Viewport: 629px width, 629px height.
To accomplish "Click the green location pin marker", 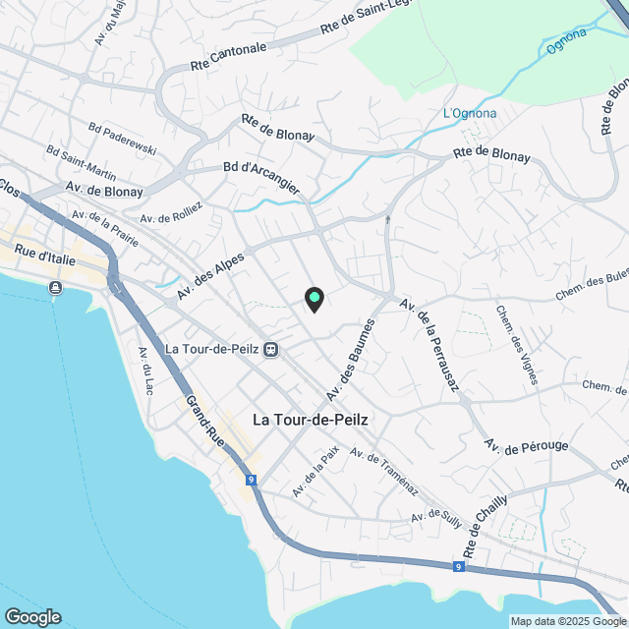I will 314,298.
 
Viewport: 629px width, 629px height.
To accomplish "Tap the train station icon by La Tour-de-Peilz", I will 270,348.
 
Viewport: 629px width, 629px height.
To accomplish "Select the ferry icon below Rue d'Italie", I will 55,287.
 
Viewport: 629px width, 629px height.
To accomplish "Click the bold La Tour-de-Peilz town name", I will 311,419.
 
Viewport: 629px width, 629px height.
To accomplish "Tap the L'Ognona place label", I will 470,113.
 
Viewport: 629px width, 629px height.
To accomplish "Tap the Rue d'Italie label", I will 46,256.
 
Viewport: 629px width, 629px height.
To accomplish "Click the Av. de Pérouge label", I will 526,446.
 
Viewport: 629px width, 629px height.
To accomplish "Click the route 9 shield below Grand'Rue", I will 253,480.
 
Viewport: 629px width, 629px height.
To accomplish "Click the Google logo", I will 32,616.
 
